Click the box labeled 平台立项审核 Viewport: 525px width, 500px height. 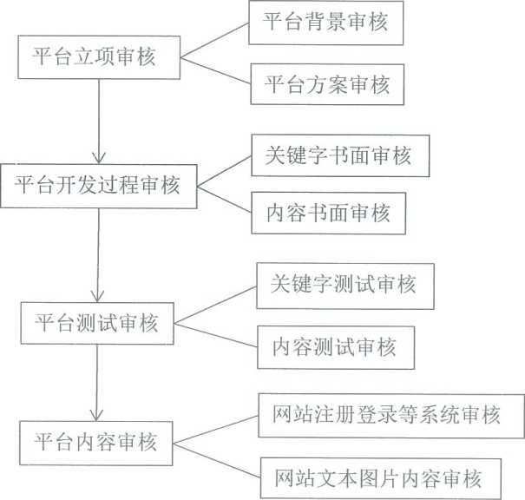coord(99,57)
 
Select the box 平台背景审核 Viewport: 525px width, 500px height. coord(325,23)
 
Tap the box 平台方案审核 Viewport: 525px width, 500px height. coord(327,84)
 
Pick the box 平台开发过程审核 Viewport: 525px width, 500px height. coord(99,186)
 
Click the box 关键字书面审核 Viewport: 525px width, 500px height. coord(340,155)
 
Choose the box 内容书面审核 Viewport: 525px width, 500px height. coord(329,213)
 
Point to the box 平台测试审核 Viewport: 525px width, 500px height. coord(97,323)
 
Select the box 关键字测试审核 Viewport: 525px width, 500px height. coord(345,286)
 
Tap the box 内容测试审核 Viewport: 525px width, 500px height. coord(336,347)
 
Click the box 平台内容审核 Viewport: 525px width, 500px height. coord(96,443)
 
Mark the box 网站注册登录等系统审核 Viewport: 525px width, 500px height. coord(391,416)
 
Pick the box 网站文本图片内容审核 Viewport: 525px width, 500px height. coord(381,478)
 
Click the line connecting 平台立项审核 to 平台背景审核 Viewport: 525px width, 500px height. coord(214,40)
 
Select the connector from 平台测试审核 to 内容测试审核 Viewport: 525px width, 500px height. coord(215,335)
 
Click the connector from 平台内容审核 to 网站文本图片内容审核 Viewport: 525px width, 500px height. coord(217,461)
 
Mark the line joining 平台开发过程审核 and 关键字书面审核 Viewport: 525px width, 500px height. coord(225,171)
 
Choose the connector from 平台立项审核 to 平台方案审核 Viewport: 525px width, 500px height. coord(215,71)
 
